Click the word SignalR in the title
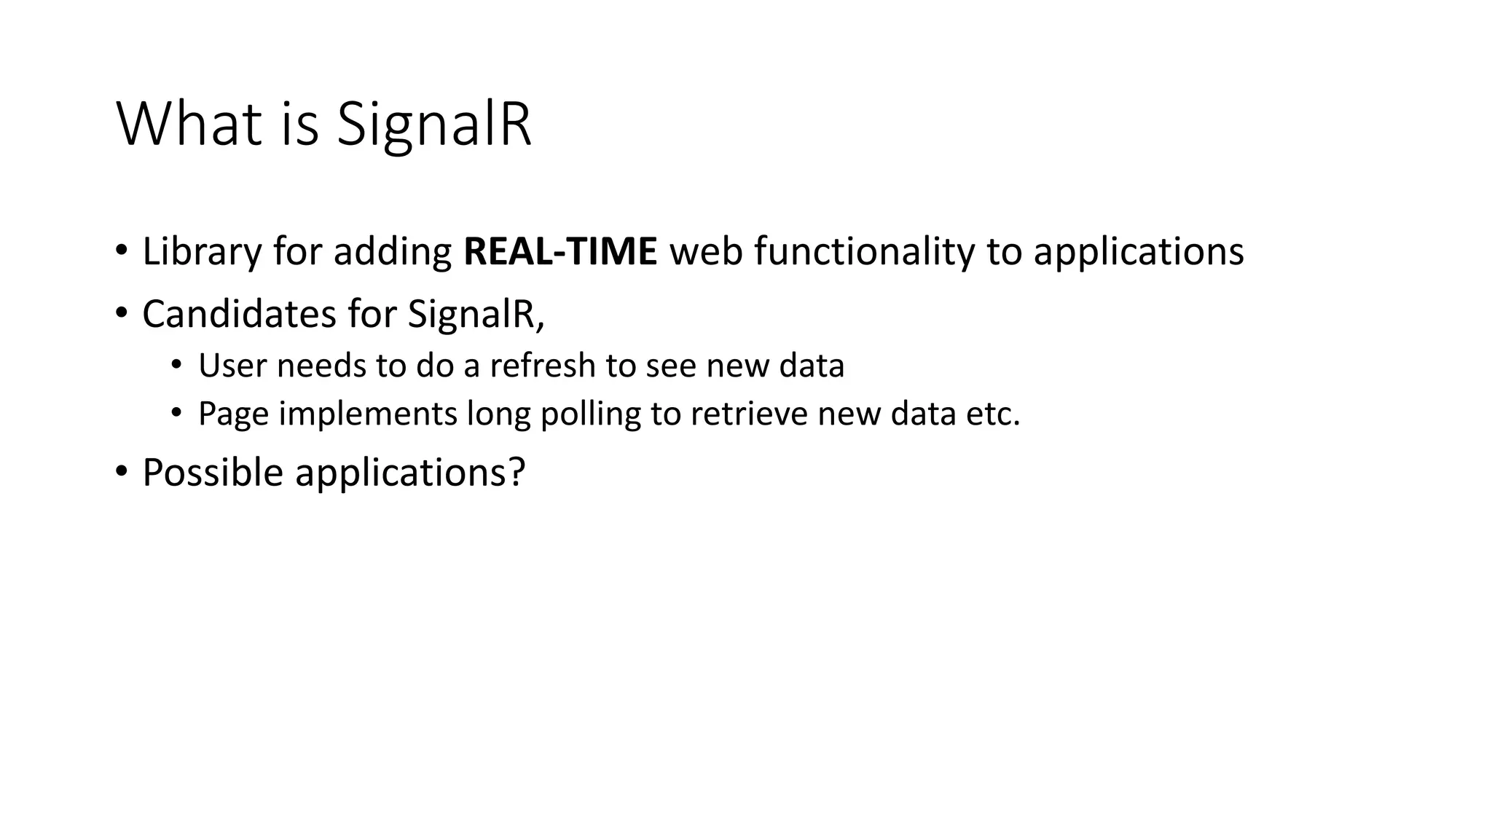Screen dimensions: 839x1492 (433, 125)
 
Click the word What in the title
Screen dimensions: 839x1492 (189, 125)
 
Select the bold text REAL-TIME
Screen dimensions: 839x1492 (560, 251)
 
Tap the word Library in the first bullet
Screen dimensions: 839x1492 (201, 251)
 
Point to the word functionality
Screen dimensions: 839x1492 (863, 251)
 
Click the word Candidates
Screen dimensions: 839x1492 (238, 314)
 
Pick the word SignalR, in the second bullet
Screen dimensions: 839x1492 (476, 314)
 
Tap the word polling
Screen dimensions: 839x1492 (590, 414)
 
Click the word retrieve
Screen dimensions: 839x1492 (748, 414)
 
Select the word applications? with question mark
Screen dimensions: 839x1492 (409, 472)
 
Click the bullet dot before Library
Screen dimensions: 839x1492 (121, 252)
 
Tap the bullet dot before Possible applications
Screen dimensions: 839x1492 (121, 472)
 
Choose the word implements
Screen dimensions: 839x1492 (367, 414)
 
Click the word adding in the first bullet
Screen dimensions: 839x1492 (392, 251)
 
